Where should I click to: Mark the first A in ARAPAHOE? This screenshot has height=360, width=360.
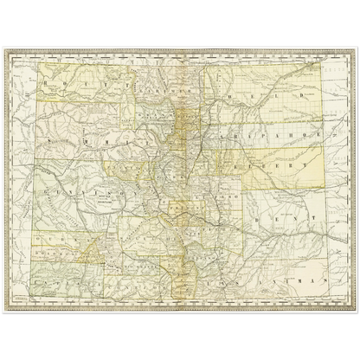[x=223, y=134]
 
